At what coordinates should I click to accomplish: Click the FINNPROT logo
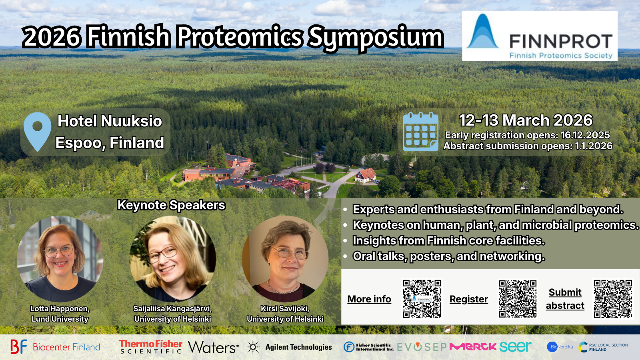pos(540,36)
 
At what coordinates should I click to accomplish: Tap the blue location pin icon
pos(37,131)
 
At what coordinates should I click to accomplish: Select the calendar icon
pos(420,132)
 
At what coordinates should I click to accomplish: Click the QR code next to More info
pos(422,299)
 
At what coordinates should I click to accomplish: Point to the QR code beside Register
pos(518,299)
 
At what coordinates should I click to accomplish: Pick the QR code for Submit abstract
pos(613,299)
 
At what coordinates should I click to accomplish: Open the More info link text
pos(369,299)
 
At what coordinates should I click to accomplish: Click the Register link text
pos(469,299)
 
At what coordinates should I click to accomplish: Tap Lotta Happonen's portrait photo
pos(60,259)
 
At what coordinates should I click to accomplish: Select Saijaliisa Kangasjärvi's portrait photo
pos(173,259)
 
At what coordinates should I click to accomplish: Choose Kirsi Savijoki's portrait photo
pos(285,259)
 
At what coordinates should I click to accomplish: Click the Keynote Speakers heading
pos(171,205)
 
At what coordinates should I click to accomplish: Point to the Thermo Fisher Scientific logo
pos(150,347)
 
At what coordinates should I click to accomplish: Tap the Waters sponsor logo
pos(213,347)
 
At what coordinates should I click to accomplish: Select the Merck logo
pos(473,347)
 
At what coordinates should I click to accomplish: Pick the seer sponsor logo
pos(515,346)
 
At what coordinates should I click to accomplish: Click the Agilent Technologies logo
pos(289,347)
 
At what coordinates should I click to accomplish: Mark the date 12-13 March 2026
pos(526,120)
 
